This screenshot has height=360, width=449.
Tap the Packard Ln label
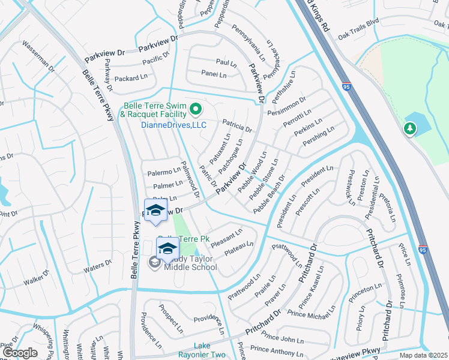(131, 78)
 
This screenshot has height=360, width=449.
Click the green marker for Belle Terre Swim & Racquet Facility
(194, 109)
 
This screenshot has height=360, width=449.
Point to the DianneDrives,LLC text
(173, 125)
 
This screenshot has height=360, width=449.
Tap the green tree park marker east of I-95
(409, 128)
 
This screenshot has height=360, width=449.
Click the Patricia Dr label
(237, 125)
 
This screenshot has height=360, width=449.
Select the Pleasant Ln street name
(226, 233)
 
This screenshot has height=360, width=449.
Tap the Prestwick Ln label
(351, 186)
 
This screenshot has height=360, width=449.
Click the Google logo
(20, 353)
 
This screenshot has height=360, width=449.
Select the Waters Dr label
(98, 266)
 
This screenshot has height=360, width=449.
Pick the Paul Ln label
(226, 62)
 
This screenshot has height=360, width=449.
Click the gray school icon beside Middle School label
(155, 262)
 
